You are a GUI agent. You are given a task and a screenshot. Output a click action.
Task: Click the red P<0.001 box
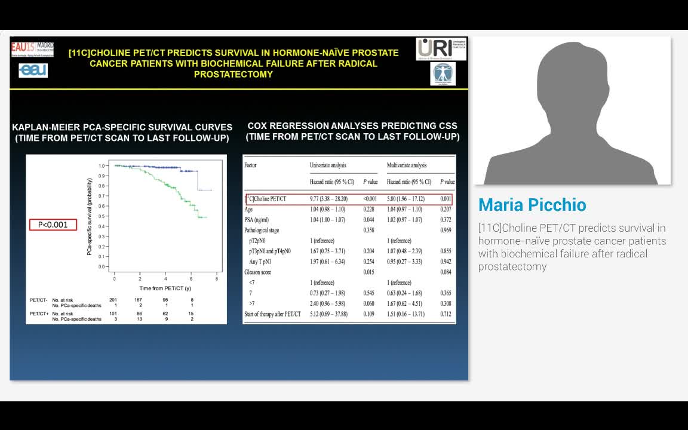(53, 225)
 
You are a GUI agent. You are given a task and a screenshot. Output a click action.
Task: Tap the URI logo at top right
(441, 48)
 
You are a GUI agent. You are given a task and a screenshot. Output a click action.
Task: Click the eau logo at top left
(33, 70)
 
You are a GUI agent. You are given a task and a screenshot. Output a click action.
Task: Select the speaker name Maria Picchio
(532, 205)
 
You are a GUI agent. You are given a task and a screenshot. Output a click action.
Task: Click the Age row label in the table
(248, 210)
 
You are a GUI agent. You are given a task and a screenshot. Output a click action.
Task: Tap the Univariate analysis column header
(328, 165)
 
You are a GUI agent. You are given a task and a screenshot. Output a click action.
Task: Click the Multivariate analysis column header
(407, 165)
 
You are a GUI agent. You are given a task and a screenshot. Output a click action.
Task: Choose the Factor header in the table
(250, 165)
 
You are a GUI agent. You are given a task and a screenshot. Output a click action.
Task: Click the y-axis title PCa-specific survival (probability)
(90, 217)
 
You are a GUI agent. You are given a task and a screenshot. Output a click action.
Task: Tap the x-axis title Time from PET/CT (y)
(165, 288)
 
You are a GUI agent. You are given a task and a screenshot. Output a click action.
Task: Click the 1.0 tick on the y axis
(102, 165)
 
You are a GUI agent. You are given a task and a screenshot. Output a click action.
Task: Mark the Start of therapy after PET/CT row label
(272, 314)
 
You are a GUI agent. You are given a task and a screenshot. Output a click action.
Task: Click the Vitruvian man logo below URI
(443, 74)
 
